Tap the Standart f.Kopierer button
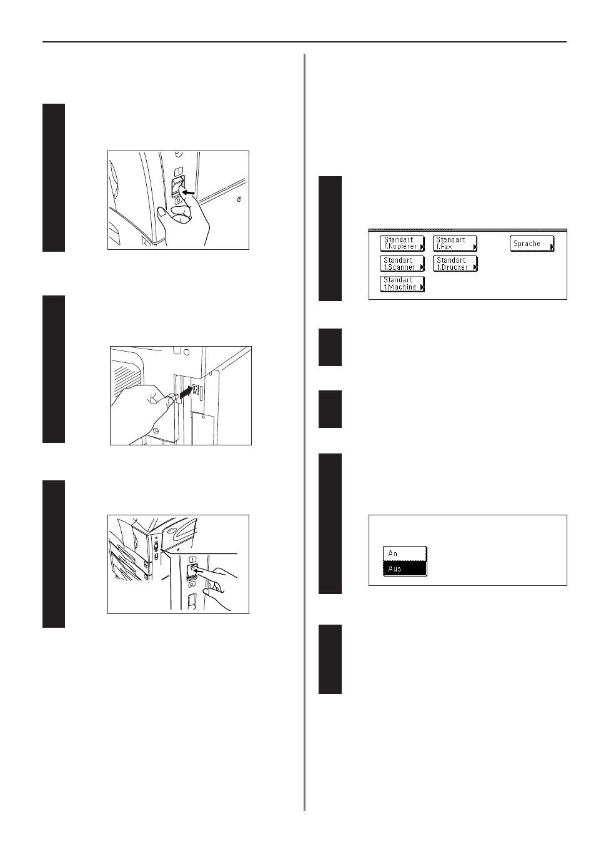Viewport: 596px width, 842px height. pyautogui.click(x=402, y=243)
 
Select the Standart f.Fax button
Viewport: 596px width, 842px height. pyautogui.click(x=455, y=243)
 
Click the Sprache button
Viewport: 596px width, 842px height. pyautogui.click(x=532, y=244)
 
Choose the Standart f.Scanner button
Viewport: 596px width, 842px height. pyautogui.click(x=402, y=264)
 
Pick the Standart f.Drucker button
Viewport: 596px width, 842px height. pyautogui.click(x=455, y=264)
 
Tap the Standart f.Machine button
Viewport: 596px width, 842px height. pyautogui.click(x=402, y=284)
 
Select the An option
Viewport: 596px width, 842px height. pyautogui.click(x=405, y=553)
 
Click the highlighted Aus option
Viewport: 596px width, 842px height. pyautogui.click(x=405, y=569)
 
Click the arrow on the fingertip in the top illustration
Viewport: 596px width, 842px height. pyautogui.click(x=189, y=192)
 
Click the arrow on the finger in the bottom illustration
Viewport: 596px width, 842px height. pyautogui.click(x=200, y=571)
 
